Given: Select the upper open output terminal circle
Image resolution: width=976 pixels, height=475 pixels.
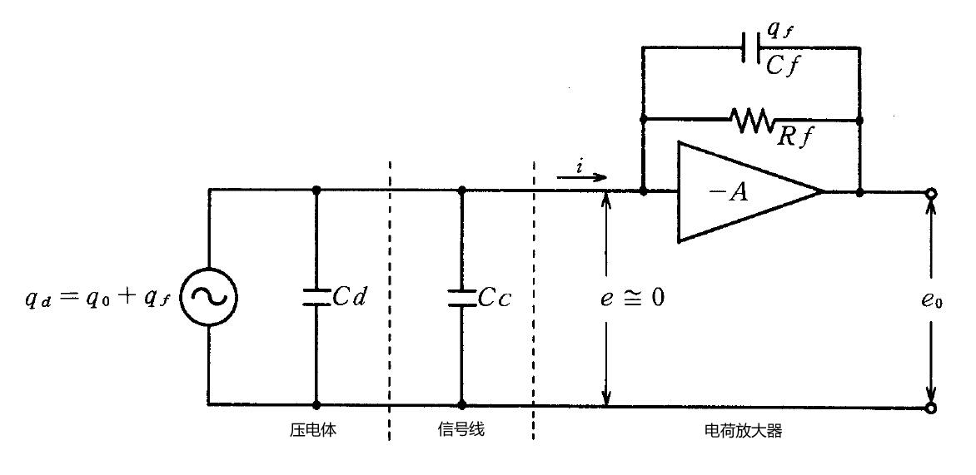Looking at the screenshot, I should pos(930,193).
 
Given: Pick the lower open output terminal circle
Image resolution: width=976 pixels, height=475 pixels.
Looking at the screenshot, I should pos(930,408).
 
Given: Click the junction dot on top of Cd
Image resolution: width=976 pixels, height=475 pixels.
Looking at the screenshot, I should pos(316,190).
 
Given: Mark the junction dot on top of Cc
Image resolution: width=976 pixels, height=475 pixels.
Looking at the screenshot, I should pos(461,190).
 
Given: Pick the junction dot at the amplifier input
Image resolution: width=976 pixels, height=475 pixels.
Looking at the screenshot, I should pos(643,191).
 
